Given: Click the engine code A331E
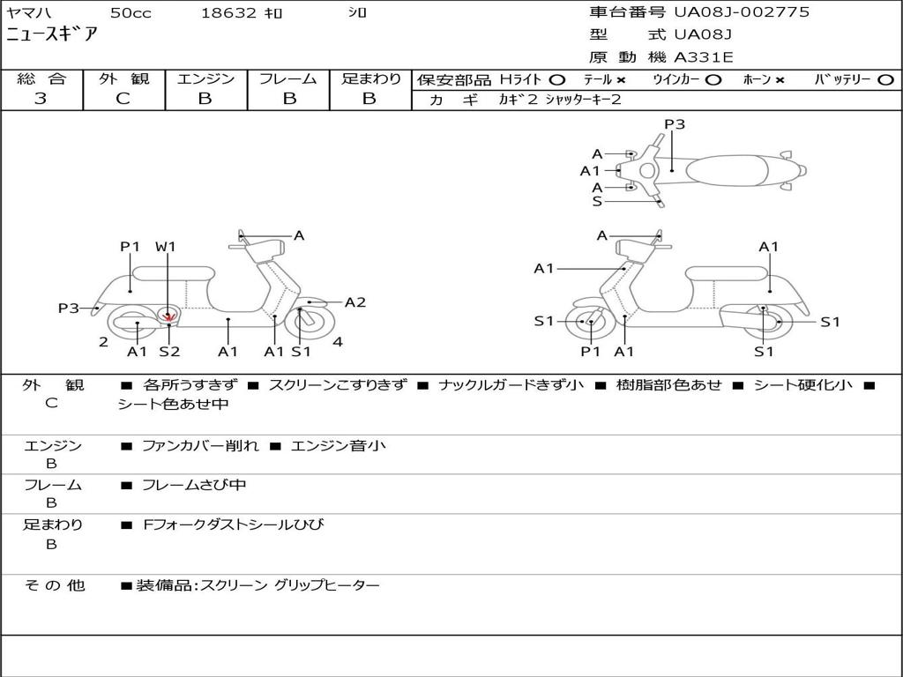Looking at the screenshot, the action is pyautogui.click(x=704, y=57).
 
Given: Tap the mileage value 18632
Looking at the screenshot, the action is pyautogui.click(x=228, y=13).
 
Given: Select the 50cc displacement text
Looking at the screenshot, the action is pyautogui.click(x=131, y=13).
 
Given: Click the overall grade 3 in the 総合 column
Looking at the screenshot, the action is pyautogui.click(x=41, y=99).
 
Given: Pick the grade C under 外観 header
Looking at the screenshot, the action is pyautogui.click(x=123, y=99).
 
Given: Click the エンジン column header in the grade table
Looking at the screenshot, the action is pyautogui.click(x=205, y=78).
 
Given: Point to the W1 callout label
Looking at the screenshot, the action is pyautogui.click(x=165, y=247).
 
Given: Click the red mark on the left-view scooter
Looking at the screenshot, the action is pyautogui.click(x=168, y=316).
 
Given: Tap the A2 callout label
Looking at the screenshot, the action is pyautogui.click(x=354, y=302).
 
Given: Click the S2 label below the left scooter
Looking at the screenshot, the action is pyautogui.click(x=169, y=351).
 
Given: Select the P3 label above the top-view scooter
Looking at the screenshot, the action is pyautogui.click(x=675, y=123).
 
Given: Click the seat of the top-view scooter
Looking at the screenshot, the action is pyautogui.click(x=727, y=170).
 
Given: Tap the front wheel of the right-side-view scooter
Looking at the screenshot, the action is pyautogui.click(x=586, y=322).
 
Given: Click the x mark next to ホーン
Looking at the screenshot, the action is pyautogui.click(x=780, y=80).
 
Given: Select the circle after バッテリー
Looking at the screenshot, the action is pyautogui.click(x=885, y=80).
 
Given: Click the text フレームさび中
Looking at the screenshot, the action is pyautogui.click(x=194, y=485).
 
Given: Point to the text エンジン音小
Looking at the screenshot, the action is pyautogui.click(x=338, y=445).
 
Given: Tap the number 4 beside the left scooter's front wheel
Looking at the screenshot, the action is pyautogui.click(x=338, y=342).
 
